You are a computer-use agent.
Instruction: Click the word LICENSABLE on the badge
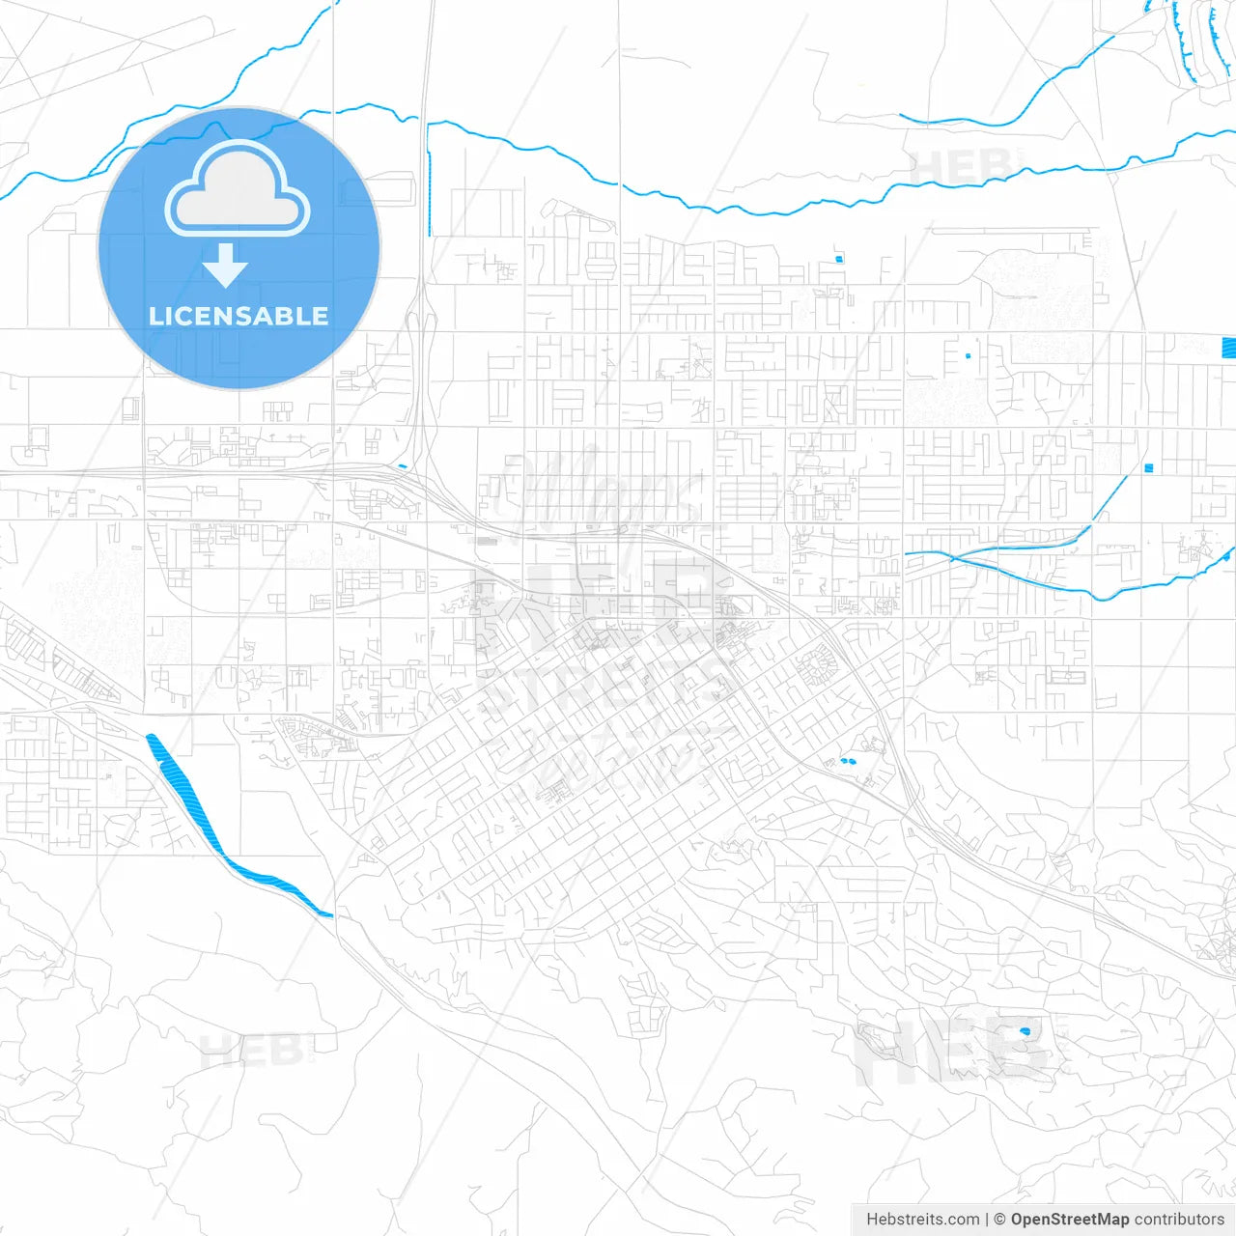click(239, 316)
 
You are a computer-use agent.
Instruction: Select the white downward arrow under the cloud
click(225, 266)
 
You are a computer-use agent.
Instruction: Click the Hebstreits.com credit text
click(922, 1220)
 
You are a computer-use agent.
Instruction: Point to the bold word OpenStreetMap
click(1069, 1220)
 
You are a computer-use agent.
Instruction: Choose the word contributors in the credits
click(1179, 1220)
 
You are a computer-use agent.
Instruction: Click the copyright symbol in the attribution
click(999, 1220)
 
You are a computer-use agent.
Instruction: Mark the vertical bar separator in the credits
click(986, 1220)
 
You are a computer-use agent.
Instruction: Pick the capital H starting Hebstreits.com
click(872, 1220)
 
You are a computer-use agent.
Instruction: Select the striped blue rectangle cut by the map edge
click(1228, 348)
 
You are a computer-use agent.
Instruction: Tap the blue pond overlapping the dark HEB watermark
click(1025, 1032)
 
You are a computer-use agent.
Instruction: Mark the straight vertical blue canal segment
click(428, 193)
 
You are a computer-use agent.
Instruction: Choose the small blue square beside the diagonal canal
click(1148, 468)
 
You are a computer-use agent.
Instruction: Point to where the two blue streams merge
click(951, 557)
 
